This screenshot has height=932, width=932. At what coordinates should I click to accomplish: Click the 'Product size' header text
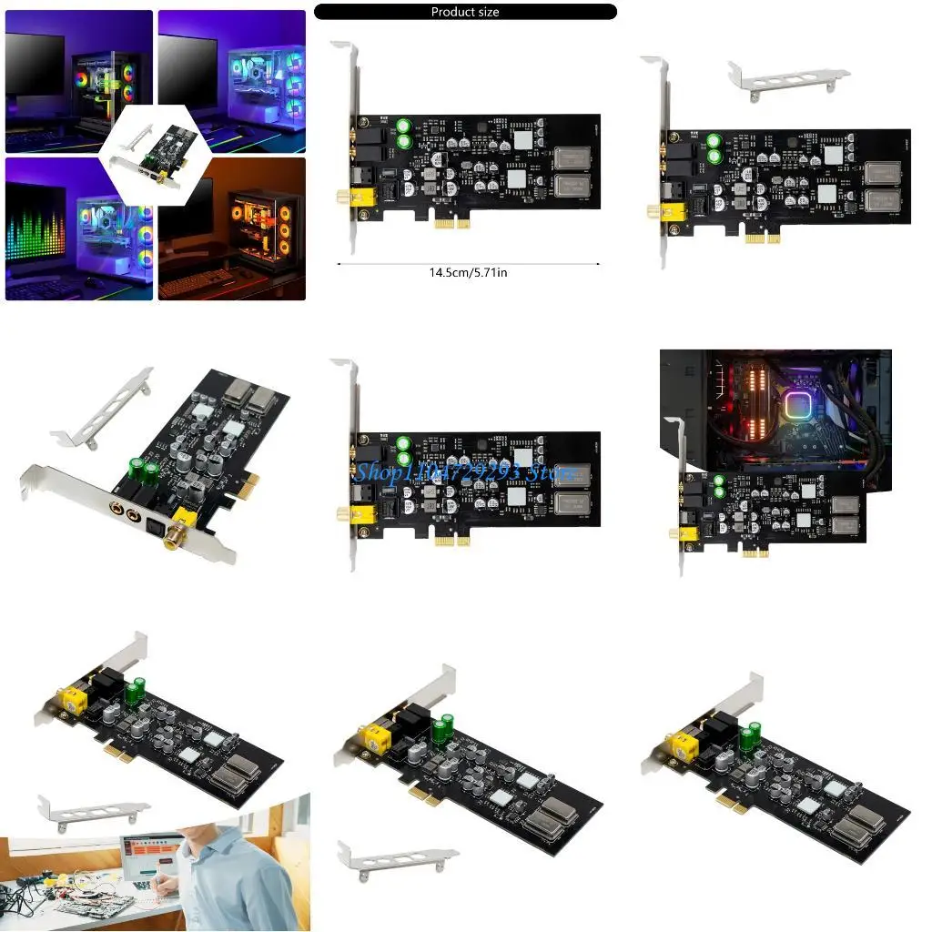click(464, 12)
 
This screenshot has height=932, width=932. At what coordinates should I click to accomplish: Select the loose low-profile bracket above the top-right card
click(788, 79)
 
